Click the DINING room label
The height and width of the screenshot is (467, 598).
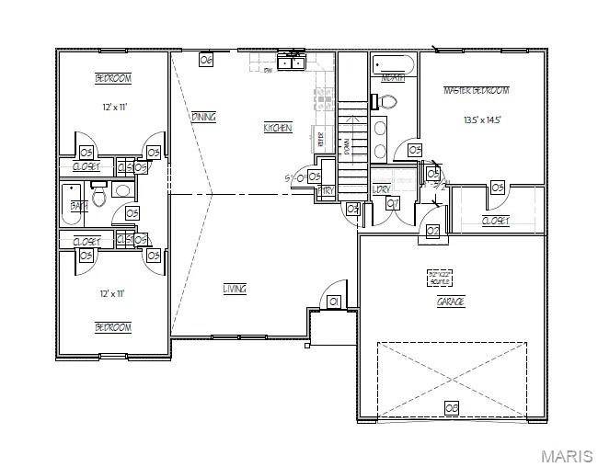pos(203,118)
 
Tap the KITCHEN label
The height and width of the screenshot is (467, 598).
pos(278,128)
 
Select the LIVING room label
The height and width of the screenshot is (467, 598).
pos(235,289)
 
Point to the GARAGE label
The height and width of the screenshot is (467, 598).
pos(451,301)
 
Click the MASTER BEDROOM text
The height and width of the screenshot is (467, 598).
pos(476,90)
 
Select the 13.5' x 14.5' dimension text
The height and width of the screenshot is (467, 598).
pos(482,120)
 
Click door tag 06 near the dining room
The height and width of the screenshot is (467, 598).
pos(206,60)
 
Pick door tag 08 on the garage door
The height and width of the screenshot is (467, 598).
pos(451,406)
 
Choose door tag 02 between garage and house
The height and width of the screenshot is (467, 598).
pos(432,231)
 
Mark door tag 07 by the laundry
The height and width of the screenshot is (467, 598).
pos(393,202)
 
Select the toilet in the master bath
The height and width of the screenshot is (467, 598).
pos(388,100)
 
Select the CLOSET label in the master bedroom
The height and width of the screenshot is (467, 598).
pos(496,221)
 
